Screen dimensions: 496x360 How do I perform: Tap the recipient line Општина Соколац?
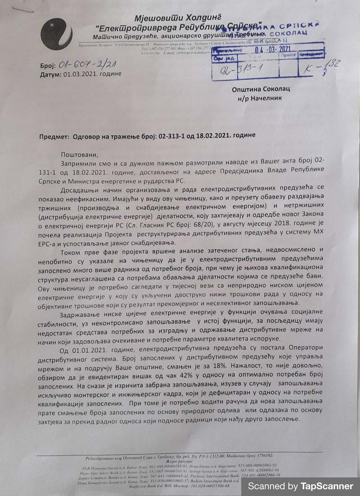(x=261, y=89)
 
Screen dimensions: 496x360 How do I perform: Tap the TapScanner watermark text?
(x=301, y=486)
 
